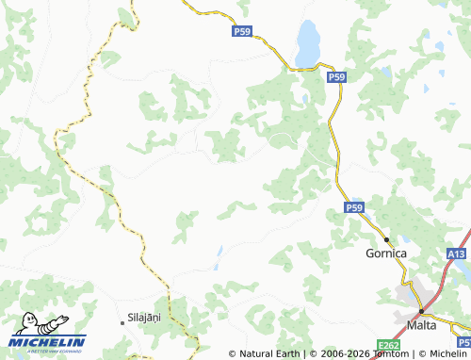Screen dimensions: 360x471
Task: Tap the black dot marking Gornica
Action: pyautogui.click(x=386, y=239)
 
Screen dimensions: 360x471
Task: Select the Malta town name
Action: pyautogui.click(x=420, y=325)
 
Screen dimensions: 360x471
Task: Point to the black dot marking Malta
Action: pyautogui.click(x=420, y=311)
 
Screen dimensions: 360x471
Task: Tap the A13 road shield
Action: pyautogui.click(x=456, y=254)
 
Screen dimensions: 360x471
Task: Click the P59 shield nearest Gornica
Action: pyautogui.click(x=353, y=206)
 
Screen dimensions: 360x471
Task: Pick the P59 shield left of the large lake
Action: pyautogui.click(x=242, y=32)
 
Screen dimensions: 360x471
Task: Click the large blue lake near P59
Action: pyautogui.click(x=307, y=43)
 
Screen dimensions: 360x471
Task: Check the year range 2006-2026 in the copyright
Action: pyautogui.click(x=337, y=353)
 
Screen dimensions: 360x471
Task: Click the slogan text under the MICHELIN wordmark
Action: pyautogui.click(x=47, y=350)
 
